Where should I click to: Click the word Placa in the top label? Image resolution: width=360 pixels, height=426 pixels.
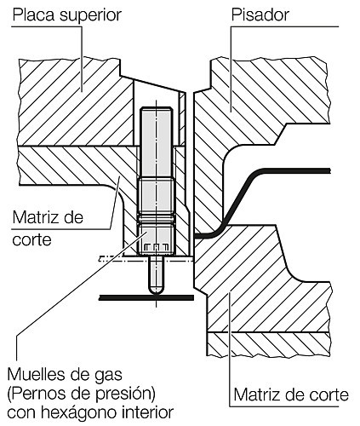(x=34, y=14)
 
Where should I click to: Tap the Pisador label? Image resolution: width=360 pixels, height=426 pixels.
(x=260, y=14)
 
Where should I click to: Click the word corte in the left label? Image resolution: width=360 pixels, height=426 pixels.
(x=32, y=240)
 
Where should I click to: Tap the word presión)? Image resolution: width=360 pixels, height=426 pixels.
(x=124, y=394)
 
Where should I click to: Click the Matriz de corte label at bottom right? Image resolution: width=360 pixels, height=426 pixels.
(x=291, y=394)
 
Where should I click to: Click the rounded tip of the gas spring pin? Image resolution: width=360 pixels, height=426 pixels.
(x=156, y=290)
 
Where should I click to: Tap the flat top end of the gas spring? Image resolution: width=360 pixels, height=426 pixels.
(x=157, y=108)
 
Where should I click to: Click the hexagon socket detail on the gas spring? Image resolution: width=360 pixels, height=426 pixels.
(x=155, y=246)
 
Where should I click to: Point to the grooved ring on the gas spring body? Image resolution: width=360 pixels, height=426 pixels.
(x=156, y=218)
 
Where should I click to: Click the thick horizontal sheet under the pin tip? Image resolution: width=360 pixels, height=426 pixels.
(x=146, y=297)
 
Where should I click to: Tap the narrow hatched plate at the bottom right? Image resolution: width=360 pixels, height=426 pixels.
(x=269, y=344)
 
